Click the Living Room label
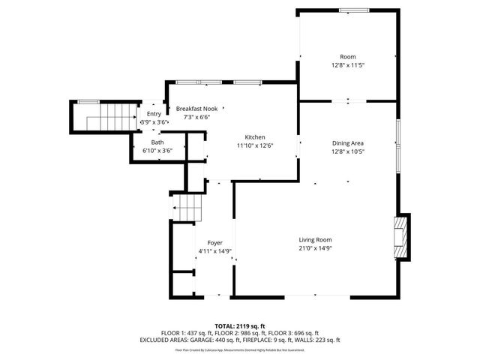315,239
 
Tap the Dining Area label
348,142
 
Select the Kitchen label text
255,137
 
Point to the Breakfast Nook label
197,109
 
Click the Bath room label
157,142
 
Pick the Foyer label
215,243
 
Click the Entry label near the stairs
154,113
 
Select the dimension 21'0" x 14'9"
315,247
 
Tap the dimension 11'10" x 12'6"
255,145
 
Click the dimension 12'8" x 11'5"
348,65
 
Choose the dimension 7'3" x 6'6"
197,117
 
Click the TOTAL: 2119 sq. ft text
240,325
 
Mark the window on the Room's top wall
349,10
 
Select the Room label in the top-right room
348,57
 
